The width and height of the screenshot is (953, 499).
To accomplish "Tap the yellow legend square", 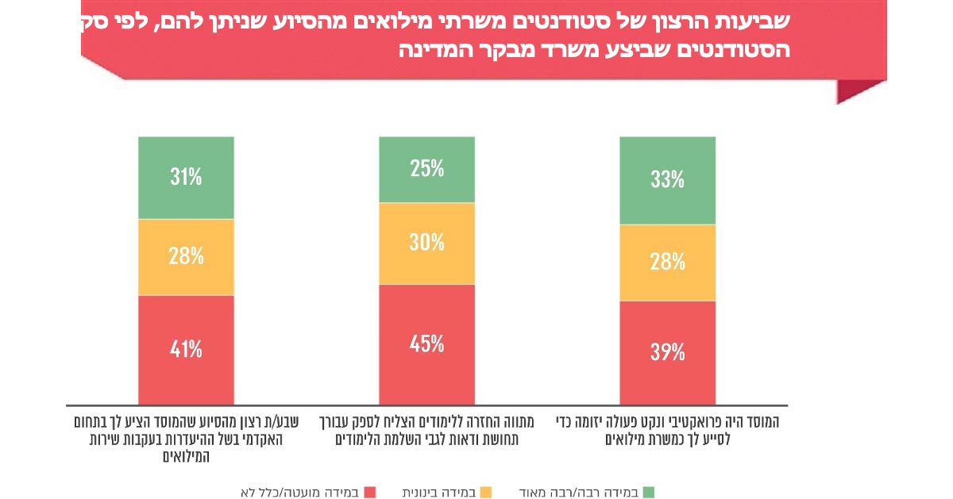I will [x=487, y=493].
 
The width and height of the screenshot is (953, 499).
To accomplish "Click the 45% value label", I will [x=426, y=344].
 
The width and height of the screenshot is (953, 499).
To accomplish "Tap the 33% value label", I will [x=667, y=180].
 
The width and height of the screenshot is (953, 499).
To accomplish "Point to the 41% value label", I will [x=186, y=349].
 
